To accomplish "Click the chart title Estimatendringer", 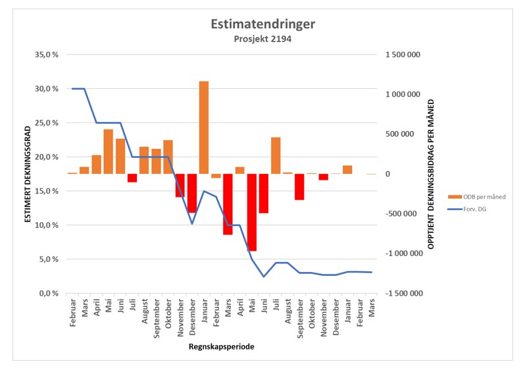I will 262,24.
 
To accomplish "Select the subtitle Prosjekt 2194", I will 262,40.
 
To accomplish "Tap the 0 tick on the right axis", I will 387,174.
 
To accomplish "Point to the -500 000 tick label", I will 401,214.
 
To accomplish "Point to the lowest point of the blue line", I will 264,277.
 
